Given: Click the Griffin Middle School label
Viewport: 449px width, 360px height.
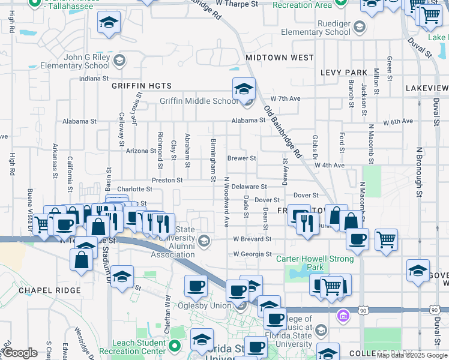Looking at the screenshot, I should (x=199, y=101).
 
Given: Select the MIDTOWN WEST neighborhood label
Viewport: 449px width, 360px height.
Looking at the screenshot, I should (x=280, y=58).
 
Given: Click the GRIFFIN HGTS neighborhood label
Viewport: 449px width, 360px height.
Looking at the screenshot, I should (x=142, y=86).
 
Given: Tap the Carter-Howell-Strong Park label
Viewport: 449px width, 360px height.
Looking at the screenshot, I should (x=308, y=263).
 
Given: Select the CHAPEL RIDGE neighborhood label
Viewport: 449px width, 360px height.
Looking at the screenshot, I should (x=50, y=290).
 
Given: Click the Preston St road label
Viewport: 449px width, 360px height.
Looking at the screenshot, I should (x=167, y=180).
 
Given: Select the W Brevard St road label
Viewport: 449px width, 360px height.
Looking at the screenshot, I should (x=252, y=239).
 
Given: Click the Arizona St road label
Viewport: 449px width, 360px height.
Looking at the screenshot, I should (x=140, y=151).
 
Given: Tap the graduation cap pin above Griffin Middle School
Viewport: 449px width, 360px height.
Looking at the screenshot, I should (x=244, y=89).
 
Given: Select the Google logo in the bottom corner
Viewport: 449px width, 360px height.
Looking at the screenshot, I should (x=20, y=353).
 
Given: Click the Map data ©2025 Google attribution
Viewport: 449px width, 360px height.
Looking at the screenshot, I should (x=412, y=355).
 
